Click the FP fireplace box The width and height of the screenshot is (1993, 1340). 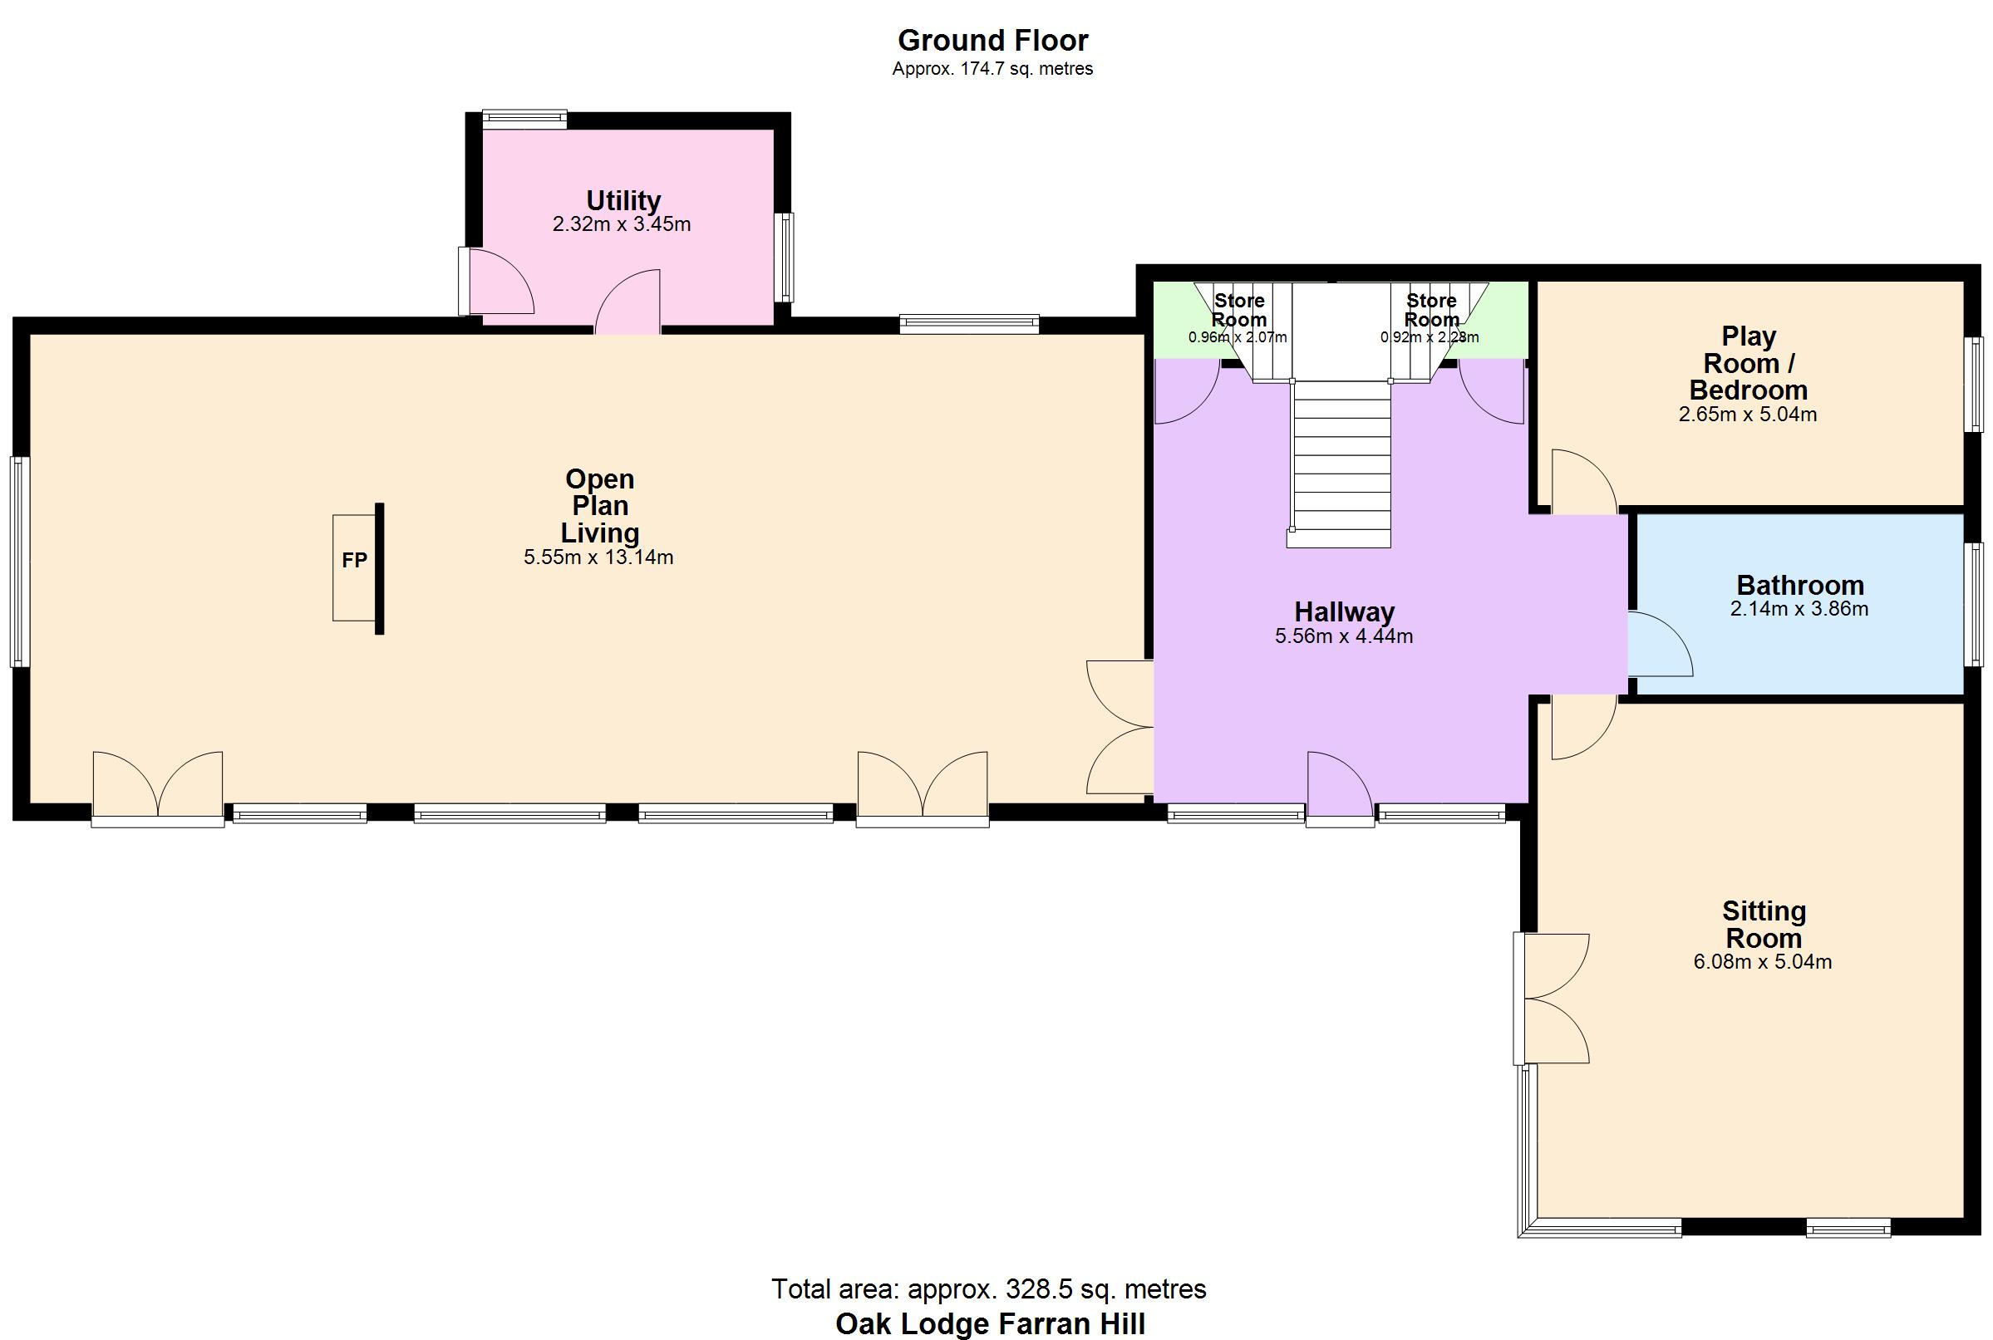[354, 567]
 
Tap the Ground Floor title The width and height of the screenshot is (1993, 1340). [992, 40]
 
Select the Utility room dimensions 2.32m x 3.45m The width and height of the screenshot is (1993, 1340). [622, 225]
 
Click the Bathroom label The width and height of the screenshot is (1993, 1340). [1800, 585]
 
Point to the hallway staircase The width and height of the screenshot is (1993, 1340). [1341, 461]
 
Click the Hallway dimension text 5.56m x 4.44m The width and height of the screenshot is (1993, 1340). [1343, 636]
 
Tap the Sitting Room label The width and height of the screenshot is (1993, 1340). [1763, 924]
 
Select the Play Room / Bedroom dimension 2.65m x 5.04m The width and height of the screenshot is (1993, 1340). [1748, 415]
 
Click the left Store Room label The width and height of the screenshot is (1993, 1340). [1239, 310]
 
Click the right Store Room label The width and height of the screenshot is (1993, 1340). [1431, 310]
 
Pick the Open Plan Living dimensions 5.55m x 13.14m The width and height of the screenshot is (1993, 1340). [598, 558]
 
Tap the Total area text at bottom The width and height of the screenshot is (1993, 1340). [988, 1288]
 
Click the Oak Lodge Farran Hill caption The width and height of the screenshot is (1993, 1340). [990, 1323]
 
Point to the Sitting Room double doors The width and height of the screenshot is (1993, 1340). [1552, 999]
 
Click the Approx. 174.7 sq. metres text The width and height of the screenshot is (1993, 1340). [992, 69]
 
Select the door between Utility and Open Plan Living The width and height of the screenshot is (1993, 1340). [628, 303]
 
